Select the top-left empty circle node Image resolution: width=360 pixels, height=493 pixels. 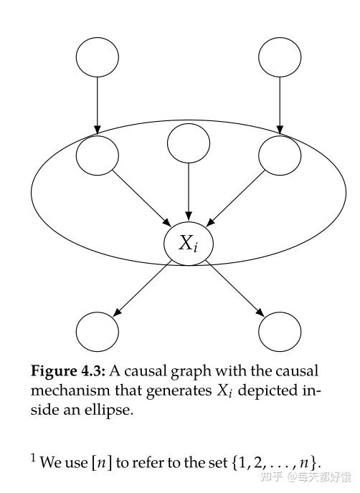click(x=98, y=59)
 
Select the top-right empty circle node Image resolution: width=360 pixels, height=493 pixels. click(x=279, y=59)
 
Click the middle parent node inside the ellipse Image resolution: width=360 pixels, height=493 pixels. click(x=188, y=143)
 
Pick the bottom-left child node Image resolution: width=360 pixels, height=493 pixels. click(x=98, y=330)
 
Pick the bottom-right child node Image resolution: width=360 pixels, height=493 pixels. click(x=279, y=330)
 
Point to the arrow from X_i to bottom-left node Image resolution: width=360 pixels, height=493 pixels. click(x=142, y=287)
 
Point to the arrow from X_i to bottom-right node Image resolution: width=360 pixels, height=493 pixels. click(x=234, y=287)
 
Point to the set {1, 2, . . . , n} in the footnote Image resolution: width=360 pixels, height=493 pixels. click(x=276, y=460)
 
